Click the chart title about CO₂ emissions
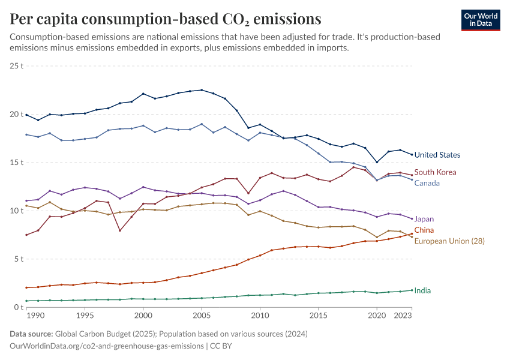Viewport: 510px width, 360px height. click(x=165, y=19)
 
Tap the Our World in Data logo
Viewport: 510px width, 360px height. click(x=481, y=20)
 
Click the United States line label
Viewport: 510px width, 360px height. click(x=437, y=155)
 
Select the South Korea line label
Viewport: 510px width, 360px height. click(x=436, y=172)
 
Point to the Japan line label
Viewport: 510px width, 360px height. click(x=424, y=219)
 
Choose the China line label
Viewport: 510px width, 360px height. click(x=424, y=230)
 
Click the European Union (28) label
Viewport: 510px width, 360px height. click(x=449, y=241)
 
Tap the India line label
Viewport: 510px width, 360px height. click(x=422, y=290)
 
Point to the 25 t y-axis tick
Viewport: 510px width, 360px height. click(x=17, y=65)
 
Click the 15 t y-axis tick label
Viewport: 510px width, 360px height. click(x=17, y=163)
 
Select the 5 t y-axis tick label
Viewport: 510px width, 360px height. click(x=19, y=259)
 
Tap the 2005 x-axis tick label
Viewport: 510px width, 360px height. click(x=202, y=316)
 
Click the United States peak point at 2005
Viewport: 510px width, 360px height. click(x=202, y=90)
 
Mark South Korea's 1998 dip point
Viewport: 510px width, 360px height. click(x=120, y=230)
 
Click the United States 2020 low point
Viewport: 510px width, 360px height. click(x=377, y=162)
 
